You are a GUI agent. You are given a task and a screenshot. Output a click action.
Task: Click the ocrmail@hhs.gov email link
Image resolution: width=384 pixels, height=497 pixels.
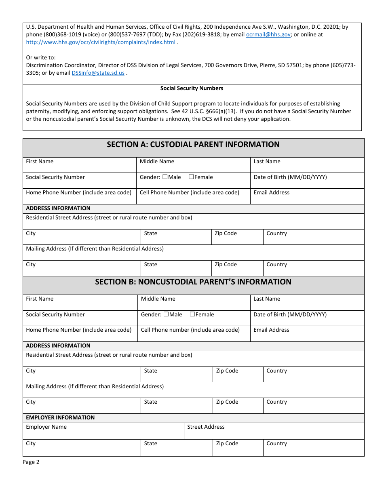click(x=268, y=35)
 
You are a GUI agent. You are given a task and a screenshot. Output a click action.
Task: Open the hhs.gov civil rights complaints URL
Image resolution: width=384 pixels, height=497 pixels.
click(x=101, y=42)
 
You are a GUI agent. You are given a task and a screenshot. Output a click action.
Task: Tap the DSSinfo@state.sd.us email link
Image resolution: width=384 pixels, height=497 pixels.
click(x=98, y=73)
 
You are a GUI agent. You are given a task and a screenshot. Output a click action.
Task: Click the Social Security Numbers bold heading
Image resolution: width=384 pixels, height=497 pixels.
click(x=192, y=88)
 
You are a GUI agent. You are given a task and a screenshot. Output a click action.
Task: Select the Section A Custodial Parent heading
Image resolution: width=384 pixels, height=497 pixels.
click(x=193, y=145)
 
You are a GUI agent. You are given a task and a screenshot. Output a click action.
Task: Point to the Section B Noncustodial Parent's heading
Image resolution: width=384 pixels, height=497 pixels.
click(x=193, y=282)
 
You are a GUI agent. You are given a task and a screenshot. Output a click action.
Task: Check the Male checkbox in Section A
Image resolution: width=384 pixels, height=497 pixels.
click(x=165, y=177)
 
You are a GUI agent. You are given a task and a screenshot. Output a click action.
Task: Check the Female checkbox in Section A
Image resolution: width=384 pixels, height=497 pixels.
click(x=191, y=177)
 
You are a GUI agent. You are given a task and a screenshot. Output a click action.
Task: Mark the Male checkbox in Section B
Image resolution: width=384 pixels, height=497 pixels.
click(x=166, y=314)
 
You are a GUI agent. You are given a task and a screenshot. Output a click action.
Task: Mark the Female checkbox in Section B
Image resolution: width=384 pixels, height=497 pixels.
click(x=192, y=314)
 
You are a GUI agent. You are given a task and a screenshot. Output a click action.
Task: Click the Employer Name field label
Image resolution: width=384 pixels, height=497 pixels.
click(x=46, y=427)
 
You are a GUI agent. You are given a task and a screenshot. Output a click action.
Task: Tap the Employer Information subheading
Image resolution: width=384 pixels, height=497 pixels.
click(x=60, y=418)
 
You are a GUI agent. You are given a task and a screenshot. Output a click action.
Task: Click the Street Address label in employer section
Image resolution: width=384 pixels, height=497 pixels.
click(x=206, y=427)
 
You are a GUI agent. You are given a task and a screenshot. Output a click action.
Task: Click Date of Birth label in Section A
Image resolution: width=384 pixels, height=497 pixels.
click(x=290, y=177)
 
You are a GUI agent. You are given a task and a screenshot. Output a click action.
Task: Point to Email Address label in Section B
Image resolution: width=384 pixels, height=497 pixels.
click(x=271, y=330)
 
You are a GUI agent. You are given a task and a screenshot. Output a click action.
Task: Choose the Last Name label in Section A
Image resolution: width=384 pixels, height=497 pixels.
click(x=267, y=162)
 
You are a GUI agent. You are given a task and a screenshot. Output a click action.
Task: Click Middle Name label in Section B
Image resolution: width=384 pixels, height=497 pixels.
click(x=158, y=299)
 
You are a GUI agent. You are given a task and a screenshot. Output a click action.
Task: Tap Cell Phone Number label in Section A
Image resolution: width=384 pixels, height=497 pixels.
click(x=189, y=193)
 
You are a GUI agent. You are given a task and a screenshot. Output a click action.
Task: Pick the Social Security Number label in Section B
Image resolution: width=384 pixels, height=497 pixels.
click(x=55, y=315)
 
